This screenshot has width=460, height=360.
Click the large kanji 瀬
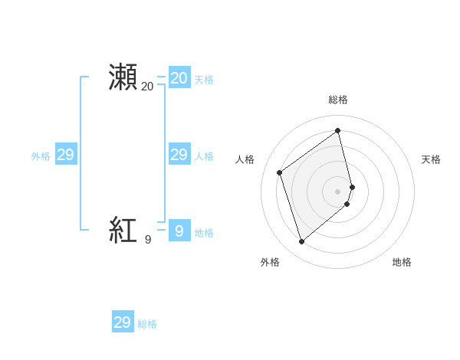click(123, 77)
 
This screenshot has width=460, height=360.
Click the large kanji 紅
click(123, 229)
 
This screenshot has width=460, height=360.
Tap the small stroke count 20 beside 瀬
click(147, 87)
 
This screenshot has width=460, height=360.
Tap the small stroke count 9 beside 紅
click(148, 240)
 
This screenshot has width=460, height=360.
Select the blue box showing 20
click(179, 77)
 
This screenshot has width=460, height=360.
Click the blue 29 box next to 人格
click(179, 155)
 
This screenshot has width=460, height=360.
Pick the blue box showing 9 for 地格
click(179, 230)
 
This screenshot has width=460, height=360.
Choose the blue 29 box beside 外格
click(65, 155)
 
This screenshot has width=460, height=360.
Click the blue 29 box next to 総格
click(122, 322)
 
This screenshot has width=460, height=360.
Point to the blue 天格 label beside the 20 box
click(204, 80)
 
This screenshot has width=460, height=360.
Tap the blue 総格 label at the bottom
click(147, 324)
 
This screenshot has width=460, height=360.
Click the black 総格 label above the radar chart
click(338, 100)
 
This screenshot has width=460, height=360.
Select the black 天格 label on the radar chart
click(431, 159)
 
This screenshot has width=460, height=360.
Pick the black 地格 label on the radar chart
click(402, 262)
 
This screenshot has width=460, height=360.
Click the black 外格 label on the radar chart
click(270, 262)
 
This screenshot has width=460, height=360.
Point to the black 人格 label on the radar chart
click(245, 159)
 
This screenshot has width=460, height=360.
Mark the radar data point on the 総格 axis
click(338, 130)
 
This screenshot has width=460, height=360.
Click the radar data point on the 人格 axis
click(280, 172)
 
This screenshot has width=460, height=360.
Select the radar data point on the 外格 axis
click(301, 242)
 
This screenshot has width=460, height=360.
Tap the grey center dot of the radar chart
click(338, 191)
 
